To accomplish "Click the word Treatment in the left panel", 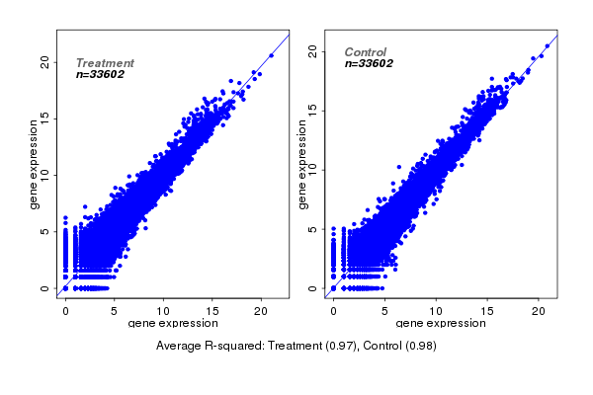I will click(105, 62).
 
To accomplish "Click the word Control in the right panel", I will click(366, 52).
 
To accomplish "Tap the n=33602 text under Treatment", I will click(101, 74).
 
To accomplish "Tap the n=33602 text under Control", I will click(370, 64).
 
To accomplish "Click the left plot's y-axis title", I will click(35, 164).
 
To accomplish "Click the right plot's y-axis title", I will click(303, 164).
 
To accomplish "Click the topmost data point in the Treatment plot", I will click(271, 55).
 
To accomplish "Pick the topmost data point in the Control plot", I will click(548, 45).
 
